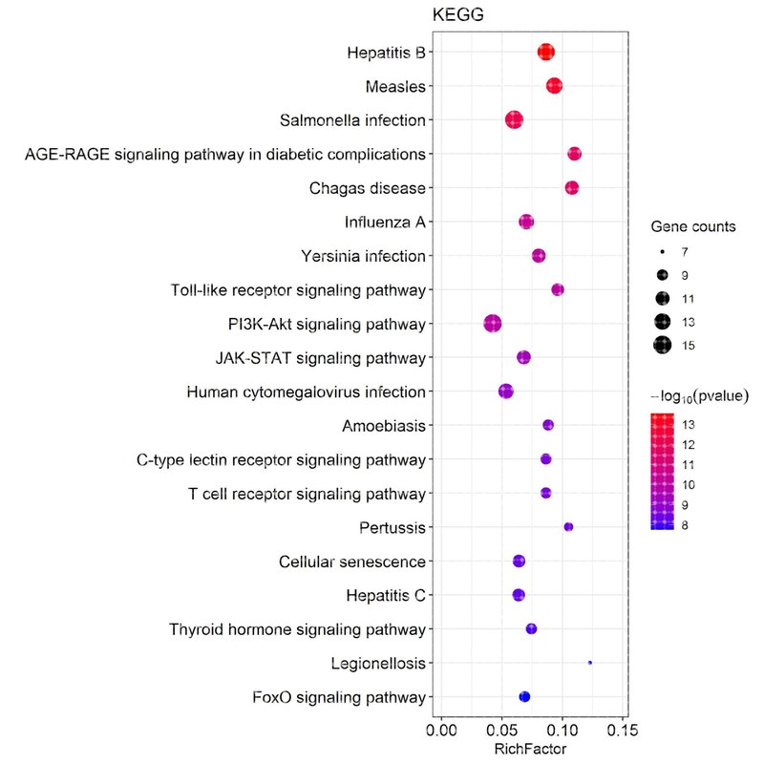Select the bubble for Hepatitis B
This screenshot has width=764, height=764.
click(x=545, y=53)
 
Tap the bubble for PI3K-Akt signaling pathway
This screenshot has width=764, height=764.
click(x=493, y=324)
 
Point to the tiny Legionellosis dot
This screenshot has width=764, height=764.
click(x=590, y=662)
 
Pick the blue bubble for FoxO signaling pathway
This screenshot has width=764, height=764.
click(x=524, y=696)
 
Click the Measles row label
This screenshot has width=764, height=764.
click(x=395, y=87)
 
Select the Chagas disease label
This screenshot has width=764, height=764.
click(x=367, y=188)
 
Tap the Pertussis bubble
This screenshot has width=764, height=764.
click(x=568, y=527)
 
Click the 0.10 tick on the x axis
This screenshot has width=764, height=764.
click(x=562, y=732)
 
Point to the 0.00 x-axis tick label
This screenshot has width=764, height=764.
click(x=441, y=732)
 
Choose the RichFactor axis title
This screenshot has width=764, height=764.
click(x=530, y=751)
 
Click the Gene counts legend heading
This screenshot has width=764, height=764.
click(x=693, y=227)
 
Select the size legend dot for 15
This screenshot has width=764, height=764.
click(x=663, y=345)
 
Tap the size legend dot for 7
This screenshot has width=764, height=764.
click(x=663, y=252)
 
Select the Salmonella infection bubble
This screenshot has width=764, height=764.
click(x=515, y=120)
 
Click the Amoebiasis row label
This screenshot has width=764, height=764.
click(x=385, y=426)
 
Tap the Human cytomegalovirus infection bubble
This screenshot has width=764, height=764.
click(x=506, y=392)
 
